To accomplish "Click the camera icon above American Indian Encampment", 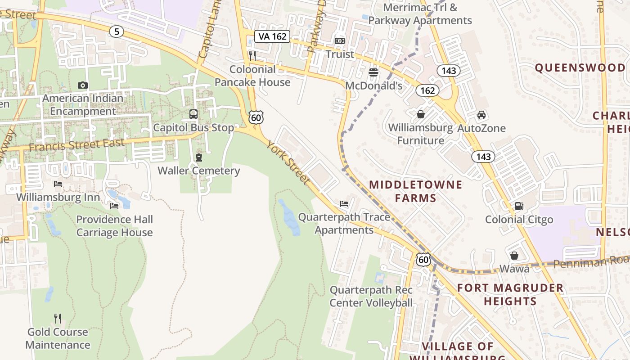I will [x=82, y=85].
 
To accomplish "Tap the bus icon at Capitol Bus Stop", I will [x=193, y=114].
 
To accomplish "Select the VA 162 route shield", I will [x=272, y=36].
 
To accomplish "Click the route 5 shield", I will [x=117, y=31].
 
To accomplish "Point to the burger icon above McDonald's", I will [x=373, y=72].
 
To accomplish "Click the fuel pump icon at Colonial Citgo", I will [x=519, y=206].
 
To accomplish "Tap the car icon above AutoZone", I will [x=481, y=114].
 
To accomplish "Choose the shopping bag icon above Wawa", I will [x=514, y=256].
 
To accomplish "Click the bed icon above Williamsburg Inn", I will [x=58, y=184].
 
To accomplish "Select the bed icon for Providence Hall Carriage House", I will [x=114, y=206].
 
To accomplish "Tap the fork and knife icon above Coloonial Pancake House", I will [x=252, y=56].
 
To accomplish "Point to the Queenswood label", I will [x=580, y=68].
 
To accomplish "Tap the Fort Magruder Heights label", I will [x=510, y=294].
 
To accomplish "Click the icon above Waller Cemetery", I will [x=198, y=157].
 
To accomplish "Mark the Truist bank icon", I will [x=340, y=41].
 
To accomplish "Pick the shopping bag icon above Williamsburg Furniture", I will [x=421, y=114].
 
